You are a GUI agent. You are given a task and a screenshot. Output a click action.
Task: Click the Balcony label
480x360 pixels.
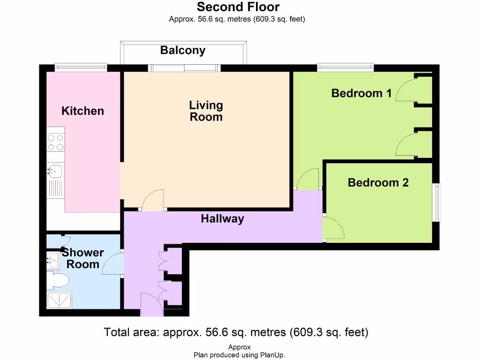183,51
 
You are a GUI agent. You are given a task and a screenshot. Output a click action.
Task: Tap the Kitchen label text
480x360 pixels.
82,111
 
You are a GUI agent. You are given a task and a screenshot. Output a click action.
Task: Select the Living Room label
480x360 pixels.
206,111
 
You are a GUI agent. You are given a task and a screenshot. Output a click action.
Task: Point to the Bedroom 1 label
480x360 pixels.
361,93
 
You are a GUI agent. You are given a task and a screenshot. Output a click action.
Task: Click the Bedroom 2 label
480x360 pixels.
378,182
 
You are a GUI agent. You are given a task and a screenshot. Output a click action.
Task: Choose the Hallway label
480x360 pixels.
223,219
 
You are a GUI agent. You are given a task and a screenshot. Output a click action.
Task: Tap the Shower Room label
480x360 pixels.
82,258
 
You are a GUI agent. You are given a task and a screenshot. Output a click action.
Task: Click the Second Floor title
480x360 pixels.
238,7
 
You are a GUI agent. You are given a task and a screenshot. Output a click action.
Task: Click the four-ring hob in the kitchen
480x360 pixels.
56,142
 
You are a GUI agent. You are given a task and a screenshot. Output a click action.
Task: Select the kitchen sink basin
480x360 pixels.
55,171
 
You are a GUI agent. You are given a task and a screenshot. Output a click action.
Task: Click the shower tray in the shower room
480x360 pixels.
60,300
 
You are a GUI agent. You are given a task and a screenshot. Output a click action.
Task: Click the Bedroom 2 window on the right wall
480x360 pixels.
438,202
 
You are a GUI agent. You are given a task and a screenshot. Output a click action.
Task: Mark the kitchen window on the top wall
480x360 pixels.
81,67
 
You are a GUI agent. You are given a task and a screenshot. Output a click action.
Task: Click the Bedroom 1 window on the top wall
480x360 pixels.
345,67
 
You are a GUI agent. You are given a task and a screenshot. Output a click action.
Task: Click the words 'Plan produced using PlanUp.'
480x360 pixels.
239,355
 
